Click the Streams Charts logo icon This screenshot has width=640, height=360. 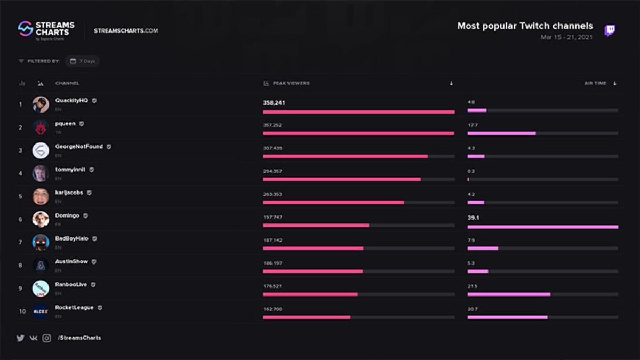25,28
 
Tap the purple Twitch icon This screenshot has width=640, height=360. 610,30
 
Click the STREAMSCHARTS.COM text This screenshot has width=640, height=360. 126,31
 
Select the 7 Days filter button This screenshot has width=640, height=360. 83,61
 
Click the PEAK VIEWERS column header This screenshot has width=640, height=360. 291,83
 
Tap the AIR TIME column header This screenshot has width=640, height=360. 595,83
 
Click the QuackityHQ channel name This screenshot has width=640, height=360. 71,100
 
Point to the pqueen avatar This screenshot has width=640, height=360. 41,127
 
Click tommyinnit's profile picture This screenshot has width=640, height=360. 41,173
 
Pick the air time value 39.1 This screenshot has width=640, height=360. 473,218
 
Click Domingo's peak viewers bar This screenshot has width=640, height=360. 316,226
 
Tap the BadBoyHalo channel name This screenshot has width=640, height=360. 71,238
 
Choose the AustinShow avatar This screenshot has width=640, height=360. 41,265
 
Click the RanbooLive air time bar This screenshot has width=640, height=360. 509,294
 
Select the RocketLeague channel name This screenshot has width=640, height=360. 74,307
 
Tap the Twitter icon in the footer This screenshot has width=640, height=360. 20,338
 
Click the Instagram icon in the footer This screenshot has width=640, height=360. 47,338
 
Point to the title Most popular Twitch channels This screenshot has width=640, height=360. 525,26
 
